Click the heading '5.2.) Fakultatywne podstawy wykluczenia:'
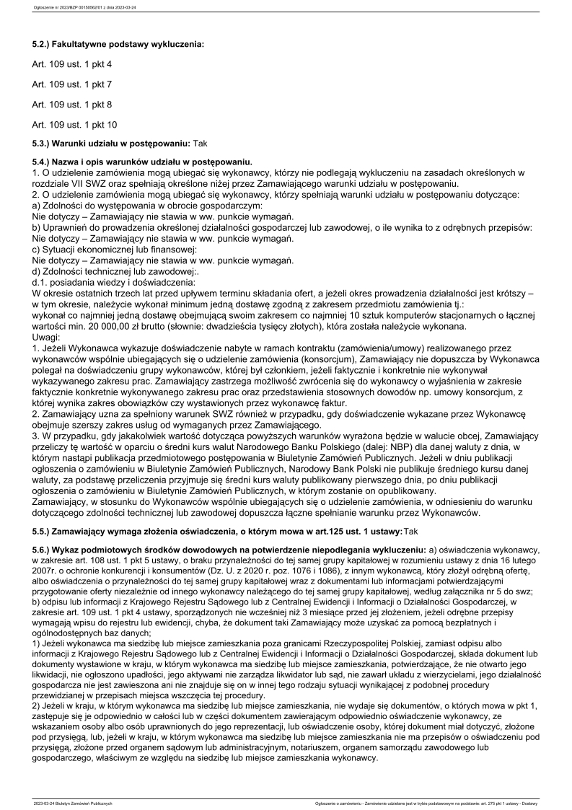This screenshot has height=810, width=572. click(x=118, y=44)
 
